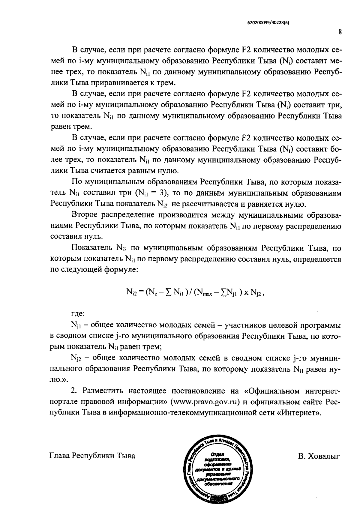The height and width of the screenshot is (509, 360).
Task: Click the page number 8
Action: click(x=340, y=32)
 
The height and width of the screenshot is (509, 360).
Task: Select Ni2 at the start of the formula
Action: click(x=131, y=292)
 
